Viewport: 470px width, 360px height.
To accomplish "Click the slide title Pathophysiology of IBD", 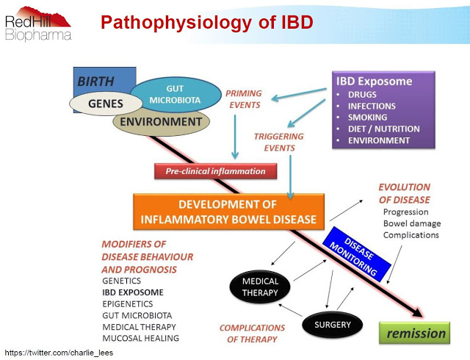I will (x=206, y=22).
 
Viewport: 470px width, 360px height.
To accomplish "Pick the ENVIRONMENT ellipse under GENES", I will (x=160, y=122).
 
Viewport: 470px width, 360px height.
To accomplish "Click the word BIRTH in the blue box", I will (x=95, y=80).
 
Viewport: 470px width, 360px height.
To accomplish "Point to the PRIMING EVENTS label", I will (x=243, y=99).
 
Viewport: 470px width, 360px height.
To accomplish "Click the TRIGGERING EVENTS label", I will (x=274, y=142).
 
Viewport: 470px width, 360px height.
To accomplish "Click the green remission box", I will (x=416, y=333).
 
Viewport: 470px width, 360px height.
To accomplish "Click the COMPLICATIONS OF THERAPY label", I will (x=252, y=333).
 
